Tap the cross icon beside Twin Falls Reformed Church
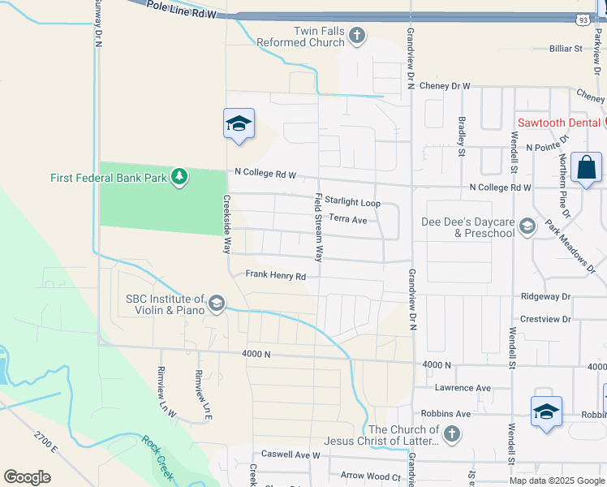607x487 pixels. [x=357, y=36]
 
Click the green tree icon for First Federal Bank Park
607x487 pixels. [x=179, y=176]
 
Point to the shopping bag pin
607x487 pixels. [x=586, y=168]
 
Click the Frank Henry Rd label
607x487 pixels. [x=276, y=276]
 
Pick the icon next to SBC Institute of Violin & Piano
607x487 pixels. [x=216, y=304]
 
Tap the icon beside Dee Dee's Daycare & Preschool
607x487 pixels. [x=527, y=226]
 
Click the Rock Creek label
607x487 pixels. [x=159, y=455]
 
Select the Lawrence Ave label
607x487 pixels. [x=463, y=388]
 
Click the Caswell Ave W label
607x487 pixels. [x=291, y=455]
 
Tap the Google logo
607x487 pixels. [x=27, y=476]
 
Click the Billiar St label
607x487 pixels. [x=566, y=49]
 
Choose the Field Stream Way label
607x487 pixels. [x=319, y=228]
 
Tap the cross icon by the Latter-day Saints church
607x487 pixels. [x=452, y=434]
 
